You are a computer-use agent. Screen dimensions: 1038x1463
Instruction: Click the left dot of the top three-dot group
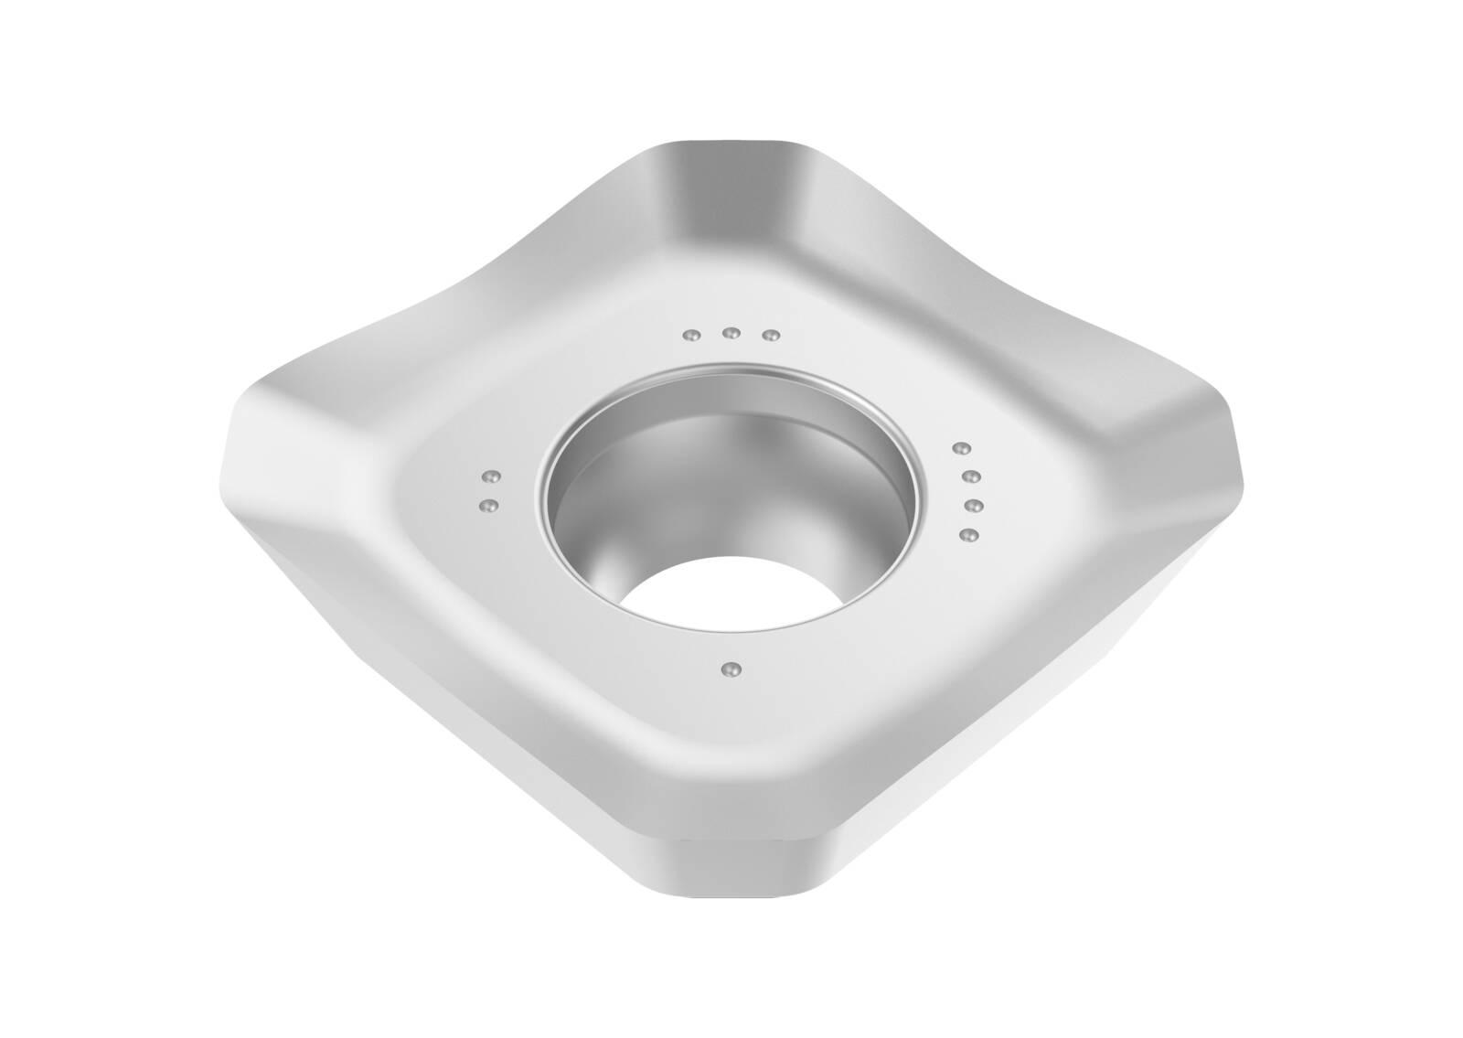click(x=692, y=337)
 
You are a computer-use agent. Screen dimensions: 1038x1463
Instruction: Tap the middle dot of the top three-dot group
click(x=731, y=333)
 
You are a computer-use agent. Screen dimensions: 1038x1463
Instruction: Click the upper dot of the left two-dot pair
click(x=490, y=476)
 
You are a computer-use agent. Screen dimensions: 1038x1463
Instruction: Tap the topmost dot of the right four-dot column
click(x=960, y=448)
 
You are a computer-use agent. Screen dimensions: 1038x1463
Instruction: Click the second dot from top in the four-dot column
click(x=972, y=476)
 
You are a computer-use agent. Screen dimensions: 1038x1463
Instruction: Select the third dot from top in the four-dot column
click(x=974, y=505)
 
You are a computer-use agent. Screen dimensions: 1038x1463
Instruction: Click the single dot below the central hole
click(x=728, y=669)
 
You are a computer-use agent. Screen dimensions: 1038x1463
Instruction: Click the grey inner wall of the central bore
click(x=640, y=476)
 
